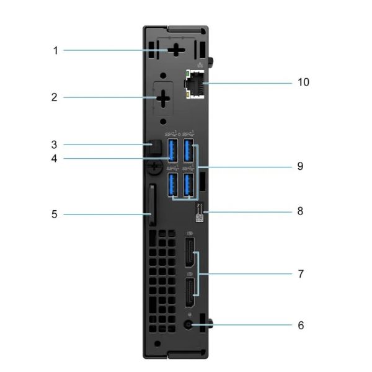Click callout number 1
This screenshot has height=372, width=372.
tap(55, 50)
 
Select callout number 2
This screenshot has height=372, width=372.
tap(55, 97)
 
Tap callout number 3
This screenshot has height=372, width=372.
tap(55, 144)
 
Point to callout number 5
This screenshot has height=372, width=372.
tap(55, 215)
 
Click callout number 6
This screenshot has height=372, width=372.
tap(301, 324)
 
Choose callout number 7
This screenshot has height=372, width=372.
tap(301, 273)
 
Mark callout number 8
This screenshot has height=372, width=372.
tap(301, 211)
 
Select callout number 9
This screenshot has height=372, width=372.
tap(301, 166)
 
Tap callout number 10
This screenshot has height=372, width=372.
tap(303, 82)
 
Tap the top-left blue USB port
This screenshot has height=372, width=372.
tap(174, 151)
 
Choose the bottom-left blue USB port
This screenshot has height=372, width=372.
tap(174, 184)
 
